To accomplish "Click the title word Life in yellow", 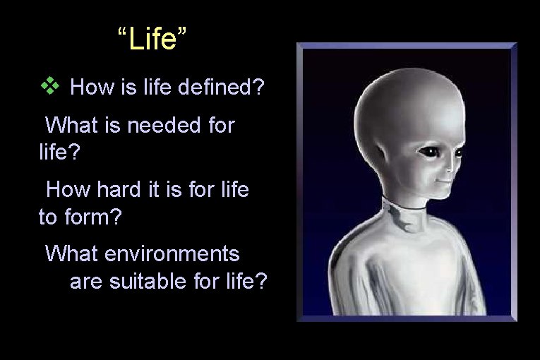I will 152,40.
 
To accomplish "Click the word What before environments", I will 72,253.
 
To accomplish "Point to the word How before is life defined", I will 94,88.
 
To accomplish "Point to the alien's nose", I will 447,168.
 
